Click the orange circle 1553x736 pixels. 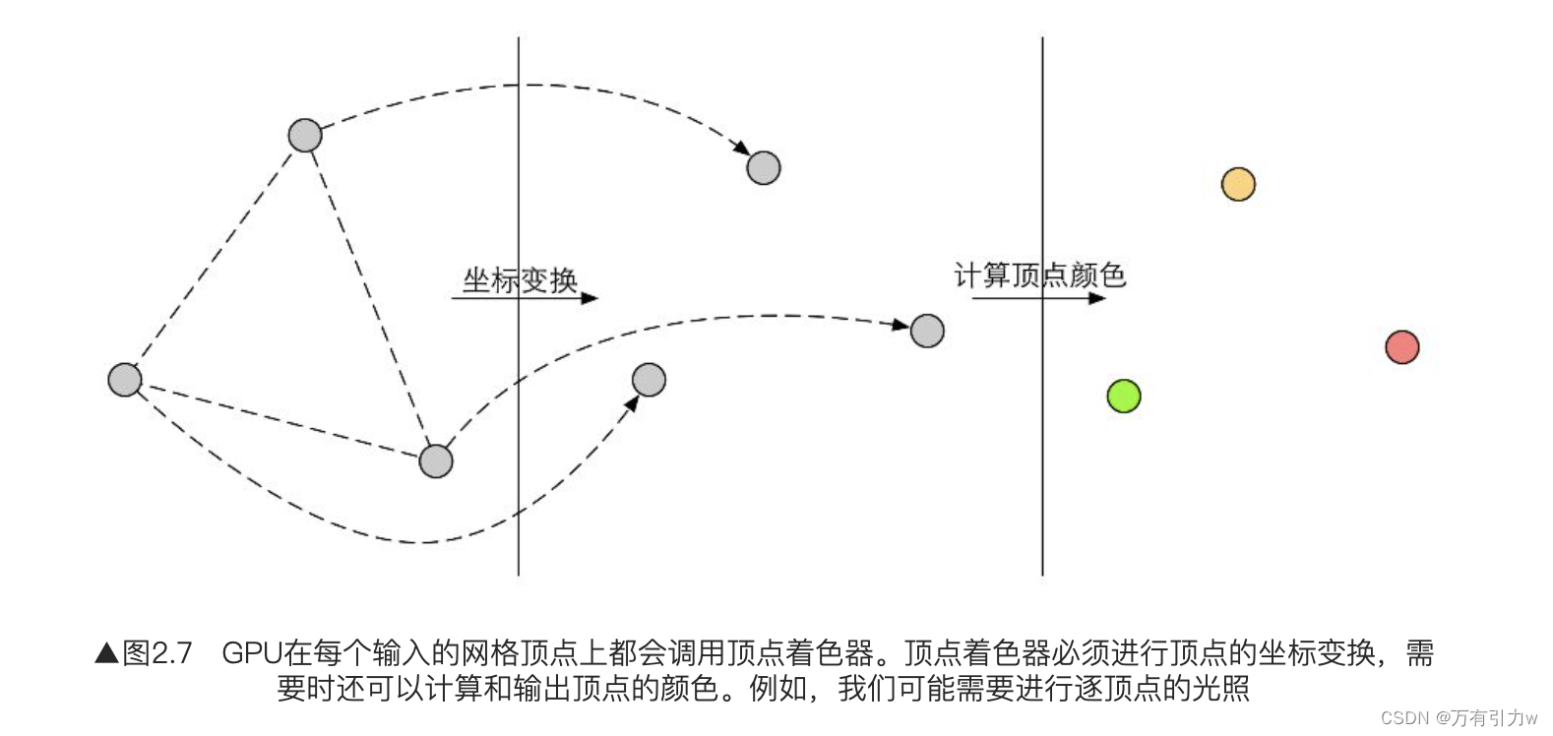(x=1238, y=184)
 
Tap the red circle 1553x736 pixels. (x=1401, y=347)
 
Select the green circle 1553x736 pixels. (x=1123, y=396)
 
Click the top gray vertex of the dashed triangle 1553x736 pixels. (x=305, y=135)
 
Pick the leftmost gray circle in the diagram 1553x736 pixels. (x=125, y=379)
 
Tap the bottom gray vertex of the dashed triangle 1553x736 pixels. (x=436, y=460)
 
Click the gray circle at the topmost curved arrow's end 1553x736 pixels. (x=764, y=168)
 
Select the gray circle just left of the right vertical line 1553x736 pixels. (x=927, y=331)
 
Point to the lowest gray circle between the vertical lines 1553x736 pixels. (x=649, y=380)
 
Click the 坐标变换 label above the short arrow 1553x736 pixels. (x=520, y=279)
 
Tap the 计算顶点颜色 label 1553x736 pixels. (x=1039, y=276)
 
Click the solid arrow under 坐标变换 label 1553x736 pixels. (x=525, y=297)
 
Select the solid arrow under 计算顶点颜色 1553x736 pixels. (x=1039, y=297)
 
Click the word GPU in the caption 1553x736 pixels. (x=251, y=653)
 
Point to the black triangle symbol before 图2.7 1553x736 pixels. (x=106, y=653)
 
